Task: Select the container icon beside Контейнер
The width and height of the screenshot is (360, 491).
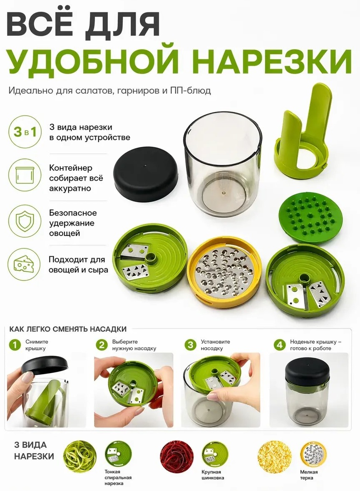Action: click(x=25, y=175)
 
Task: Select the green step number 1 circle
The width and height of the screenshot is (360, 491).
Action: click(x=15, y=345)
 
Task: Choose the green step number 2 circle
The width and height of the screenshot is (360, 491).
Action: click(x=102, y=345)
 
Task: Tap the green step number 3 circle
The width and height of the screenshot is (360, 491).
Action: click(x=190, y=345)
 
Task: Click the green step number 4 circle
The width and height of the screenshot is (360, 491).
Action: click(x=279, y=345)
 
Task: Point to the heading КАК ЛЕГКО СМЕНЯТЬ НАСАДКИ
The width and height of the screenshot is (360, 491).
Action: click(x=68, y=329)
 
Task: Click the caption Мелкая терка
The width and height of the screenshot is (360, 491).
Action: click(x=309, y=475)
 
